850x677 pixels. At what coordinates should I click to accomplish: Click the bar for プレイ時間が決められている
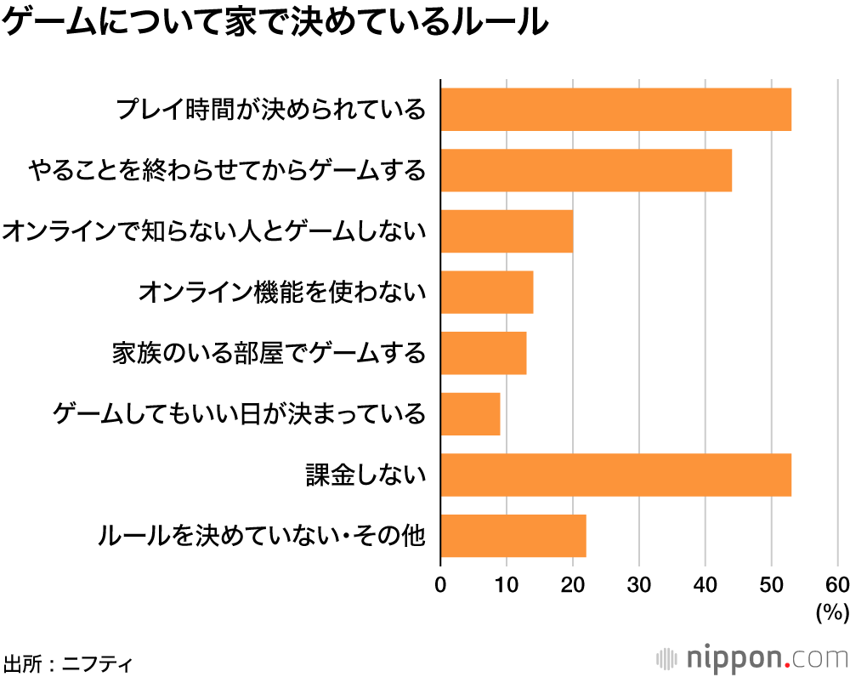(615, 109)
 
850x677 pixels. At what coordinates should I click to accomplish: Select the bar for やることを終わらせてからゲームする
(586, 170)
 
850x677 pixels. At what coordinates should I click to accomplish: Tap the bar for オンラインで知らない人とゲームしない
(507, 230)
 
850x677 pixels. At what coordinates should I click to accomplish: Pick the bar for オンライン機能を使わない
(486, 292)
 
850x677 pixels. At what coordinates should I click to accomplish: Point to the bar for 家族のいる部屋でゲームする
(483, 353)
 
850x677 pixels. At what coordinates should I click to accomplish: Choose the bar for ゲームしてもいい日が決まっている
(470, 413)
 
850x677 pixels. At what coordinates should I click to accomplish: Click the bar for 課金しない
(615, 475)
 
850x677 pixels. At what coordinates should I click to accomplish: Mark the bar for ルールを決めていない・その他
(513, 536)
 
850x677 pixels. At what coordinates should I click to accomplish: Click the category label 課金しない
(365, 475)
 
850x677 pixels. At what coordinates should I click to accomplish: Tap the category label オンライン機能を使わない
(281, 292)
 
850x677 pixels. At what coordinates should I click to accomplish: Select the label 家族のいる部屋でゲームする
(269, 353)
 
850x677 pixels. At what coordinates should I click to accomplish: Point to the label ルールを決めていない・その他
(261, 536)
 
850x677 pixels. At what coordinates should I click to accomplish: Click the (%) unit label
(832, 611)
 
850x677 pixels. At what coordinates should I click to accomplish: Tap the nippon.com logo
(752, 657)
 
